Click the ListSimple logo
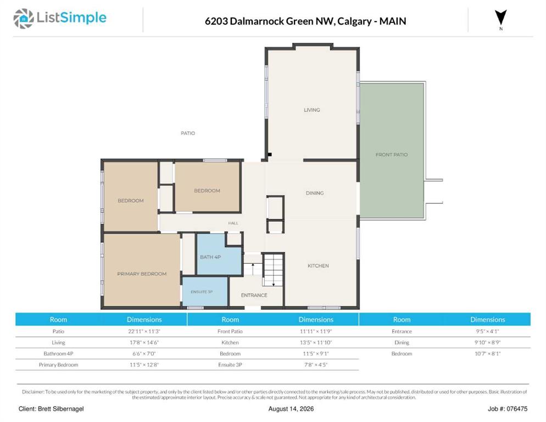60,18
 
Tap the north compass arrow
501,18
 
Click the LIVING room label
311,110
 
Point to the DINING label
315,193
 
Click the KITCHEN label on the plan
318,265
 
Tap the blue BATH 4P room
219,256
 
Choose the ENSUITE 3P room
205,291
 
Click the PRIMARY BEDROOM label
142,274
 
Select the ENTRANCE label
254,295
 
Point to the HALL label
233,223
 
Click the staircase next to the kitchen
273,270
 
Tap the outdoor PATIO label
188,133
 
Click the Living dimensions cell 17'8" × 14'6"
144,342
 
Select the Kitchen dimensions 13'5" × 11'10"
316,342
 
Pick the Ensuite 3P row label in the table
230,365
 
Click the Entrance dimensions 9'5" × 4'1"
488,331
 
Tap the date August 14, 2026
291,409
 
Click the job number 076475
517,409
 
